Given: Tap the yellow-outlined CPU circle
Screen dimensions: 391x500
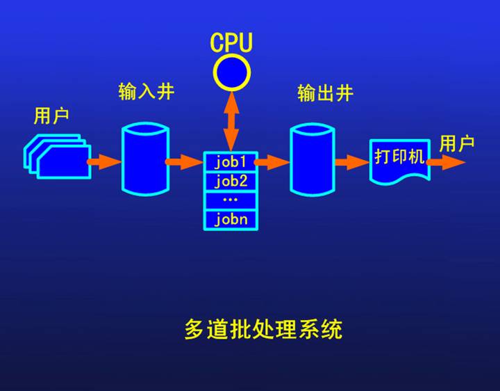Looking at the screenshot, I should coord(231,72).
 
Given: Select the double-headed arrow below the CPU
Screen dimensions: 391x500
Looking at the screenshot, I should coord(231,120).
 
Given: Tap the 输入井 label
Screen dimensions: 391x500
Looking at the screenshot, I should coord(146,93).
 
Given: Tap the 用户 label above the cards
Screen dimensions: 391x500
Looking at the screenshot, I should coord(51,115).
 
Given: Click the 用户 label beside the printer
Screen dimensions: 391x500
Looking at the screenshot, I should coord(457,144).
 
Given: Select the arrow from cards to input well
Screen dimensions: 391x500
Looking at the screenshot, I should coord(104,161).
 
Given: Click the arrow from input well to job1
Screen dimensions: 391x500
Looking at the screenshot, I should coord(185,161).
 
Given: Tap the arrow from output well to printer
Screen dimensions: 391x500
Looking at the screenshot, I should coord(351,161).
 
